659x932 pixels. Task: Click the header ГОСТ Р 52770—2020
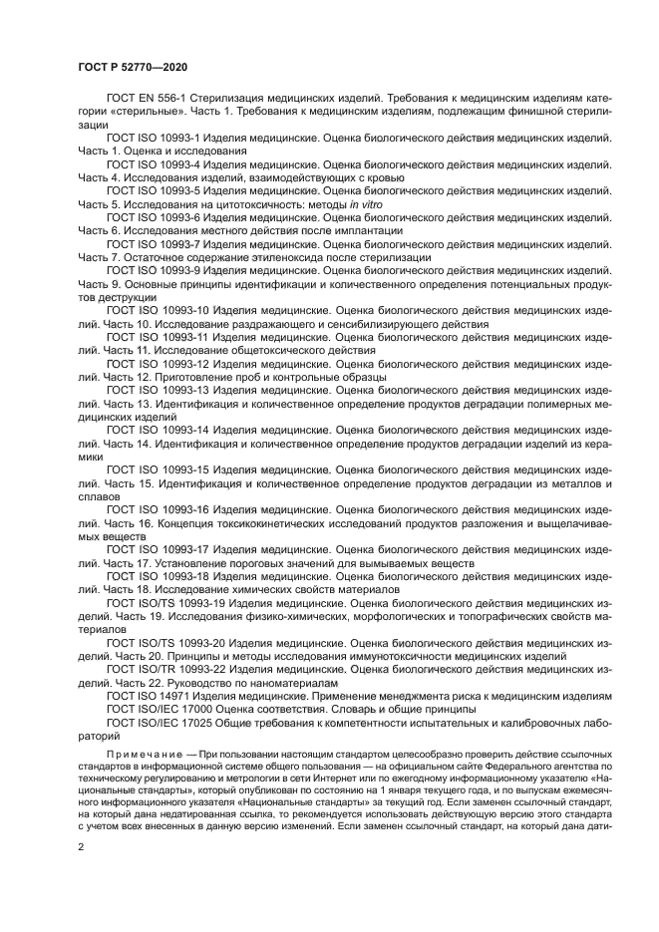point(133,68)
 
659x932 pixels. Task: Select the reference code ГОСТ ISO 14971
point(149,696)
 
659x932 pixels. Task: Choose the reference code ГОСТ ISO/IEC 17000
point(161,709)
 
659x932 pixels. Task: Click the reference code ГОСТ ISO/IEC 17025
point(161,722)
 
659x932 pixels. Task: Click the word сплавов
point(99,496)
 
